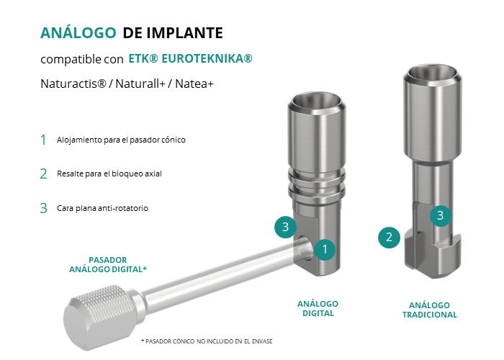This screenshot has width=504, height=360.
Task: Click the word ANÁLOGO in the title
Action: click(x=78, y=32)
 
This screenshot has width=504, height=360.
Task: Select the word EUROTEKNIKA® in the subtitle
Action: click(x=207, y=58)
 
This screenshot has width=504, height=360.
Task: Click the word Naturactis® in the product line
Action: click(x=73, y=84)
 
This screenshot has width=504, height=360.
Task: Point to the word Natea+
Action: click(x=194, y=84)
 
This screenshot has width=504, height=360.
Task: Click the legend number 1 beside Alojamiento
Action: click(x=43, y=140)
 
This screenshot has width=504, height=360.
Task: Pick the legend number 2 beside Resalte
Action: click(x=43, y=174)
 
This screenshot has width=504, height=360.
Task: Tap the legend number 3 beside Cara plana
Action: click(x=43, y=208)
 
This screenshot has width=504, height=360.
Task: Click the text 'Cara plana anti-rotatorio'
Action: click(x=102, y=208)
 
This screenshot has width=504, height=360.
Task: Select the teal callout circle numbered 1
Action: click(x=325, y=249)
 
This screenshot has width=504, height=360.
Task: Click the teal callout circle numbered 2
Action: click(x=389, y=238)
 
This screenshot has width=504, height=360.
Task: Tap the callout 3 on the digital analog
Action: click(x=285, y=227)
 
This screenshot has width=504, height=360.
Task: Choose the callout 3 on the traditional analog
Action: click(x=441, y=215)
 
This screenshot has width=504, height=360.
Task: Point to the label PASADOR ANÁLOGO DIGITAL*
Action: click(x=108, y=264)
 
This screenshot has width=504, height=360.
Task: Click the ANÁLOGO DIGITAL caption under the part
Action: click(x=318, y=309)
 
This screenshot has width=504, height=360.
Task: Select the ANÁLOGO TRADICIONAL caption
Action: click(x=429, y=310)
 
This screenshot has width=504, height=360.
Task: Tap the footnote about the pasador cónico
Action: click(x=207, y=341)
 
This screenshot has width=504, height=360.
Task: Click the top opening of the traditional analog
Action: click(x=432, y=75)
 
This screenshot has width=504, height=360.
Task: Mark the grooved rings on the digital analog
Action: click(x=317, y=183)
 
